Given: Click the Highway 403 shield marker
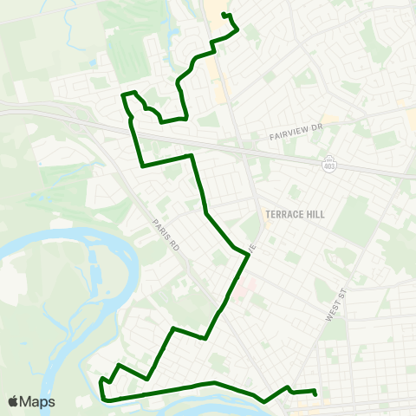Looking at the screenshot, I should pyautogui.click(x=328, y=164).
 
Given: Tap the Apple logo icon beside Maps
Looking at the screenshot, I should pyautogui.click(x=14, y=401).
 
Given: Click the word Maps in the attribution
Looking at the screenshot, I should pyautogui.click(x=37, y=401).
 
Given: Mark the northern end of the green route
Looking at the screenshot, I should pyautogui.click(x=224, y=14).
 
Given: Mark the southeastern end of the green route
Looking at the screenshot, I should pyautogui.click(x=315, y=394).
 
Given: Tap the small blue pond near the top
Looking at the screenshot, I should pyautogui.click(x=92, y=63).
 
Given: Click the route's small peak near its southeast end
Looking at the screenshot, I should pyautogui.click(x=287, y=387).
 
